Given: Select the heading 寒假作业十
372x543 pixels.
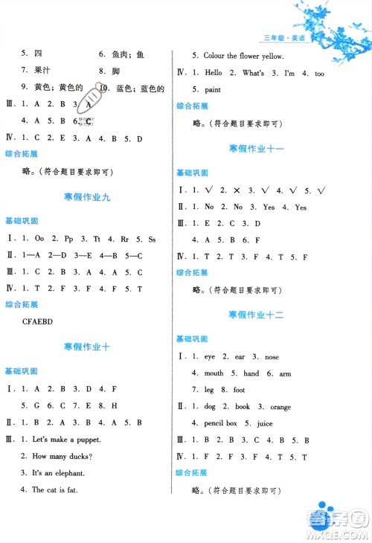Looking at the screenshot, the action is (87, 347).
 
